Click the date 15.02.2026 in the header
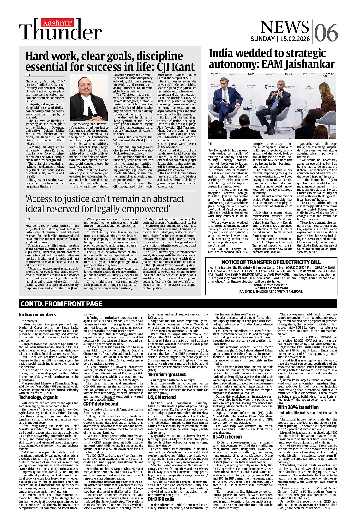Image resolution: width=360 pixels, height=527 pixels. click(x=295, y=39)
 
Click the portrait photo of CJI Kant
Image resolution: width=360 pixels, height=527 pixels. click(x=89, y=98)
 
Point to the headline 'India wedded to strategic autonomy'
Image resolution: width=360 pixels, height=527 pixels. click(x=272, y=59)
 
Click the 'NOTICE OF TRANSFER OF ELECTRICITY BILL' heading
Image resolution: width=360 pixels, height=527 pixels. click(x=271, y=262)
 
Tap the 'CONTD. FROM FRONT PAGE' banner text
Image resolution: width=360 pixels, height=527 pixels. click(x=61, y=304)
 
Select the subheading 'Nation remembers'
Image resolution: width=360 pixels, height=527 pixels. click(x=37, y=314)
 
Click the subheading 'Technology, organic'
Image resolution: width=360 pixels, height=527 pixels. click(x=38, y=397)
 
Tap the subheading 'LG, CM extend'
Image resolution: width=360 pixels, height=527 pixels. click(x=161, y=397)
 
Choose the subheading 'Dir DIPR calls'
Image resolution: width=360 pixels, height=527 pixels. click(x=161, y=508)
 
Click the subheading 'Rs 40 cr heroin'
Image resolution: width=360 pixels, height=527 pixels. click(x=227, y=437)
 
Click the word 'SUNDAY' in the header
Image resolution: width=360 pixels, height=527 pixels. click(x=263, y=39)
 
